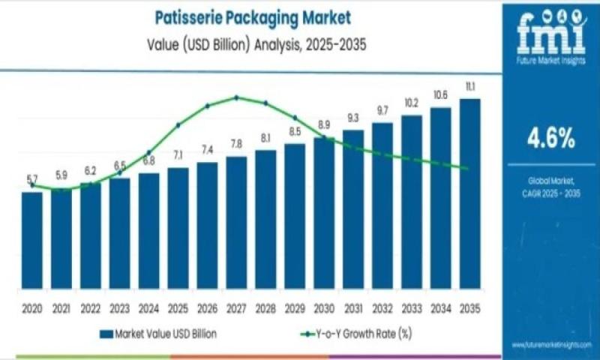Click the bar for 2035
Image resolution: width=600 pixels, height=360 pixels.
(x=469, y=195)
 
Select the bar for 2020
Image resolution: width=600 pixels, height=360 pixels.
(x=31, y=240)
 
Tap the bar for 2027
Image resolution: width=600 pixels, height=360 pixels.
(x=236, y=222)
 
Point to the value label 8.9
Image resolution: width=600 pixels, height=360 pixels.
(x=324, y=124)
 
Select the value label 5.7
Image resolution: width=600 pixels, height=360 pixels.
(x=31, y=178)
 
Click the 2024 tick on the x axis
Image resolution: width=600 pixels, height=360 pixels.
(x=148, y=308)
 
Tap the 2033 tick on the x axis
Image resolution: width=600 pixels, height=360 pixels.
(x=411, y=308)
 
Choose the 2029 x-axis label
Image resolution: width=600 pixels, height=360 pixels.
(x=295, y=308)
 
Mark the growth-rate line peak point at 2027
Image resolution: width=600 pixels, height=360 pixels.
(x=236, y=97)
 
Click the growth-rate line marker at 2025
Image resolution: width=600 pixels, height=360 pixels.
(x=178, y=125)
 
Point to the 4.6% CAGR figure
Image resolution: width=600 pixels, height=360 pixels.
(x=550, y=137)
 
